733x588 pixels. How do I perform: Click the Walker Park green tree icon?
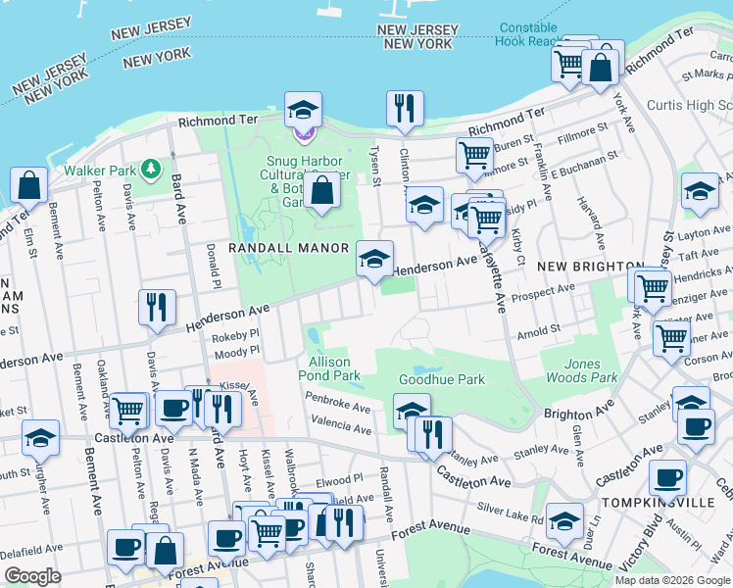pos(150,170)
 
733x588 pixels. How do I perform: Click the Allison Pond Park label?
pos(329,368)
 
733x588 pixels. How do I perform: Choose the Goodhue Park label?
pos(442,379)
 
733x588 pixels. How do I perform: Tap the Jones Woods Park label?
pos(581,370)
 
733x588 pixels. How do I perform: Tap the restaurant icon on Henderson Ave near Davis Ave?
pos(157,308)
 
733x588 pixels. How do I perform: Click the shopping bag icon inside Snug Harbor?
pos(321,191)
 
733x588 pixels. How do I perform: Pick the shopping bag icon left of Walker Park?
pos(29,185)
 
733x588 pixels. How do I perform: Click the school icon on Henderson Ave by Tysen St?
pos(373,260)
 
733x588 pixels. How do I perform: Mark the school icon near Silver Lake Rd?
pos(564,521)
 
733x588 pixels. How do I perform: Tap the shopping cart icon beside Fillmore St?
pos(474,154)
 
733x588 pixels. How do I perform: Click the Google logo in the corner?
pos(33,576)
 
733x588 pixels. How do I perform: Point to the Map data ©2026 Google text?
pos(671,580)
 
